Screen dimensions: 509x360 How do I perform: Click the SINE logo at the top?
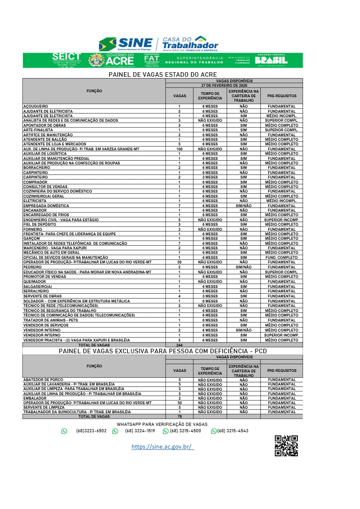click(126, 44)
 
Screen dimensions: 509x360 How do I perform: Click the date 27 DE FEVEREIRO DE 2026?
click(234, 85)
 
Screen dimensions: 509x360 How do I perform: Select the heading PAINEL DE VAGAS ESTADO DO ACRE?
click(163, 74)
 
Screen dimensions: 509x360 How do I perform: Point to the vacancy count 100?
click(179, 149)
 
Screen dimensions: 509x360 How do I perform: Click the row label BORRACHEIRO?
click(38, 168)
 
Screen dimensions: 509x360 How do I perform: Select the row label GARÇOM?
click(32, 239)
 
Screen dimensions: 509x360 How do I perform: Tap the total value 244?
click(179, 345)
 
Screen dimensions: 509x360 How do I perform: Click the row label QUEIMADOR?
click(35, 282)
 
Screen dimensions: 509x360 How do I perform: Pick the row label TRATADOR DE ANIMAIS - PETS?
click(50, 320)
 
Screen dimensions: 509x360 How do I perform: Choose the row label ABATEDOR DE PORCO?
click(43, 380)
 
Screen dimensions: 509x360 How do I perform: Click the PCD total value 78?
click(179, 416)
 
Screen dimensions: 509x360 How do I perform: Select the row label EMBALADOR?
click(35, 398)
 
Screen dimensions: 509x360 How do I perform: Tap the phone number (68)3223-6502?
click(91, 431)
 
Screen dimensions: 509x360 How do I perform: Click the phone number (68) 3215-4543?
click(232, 431)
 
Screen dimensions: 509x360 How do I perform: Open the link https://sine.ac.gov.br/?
click(163, 447)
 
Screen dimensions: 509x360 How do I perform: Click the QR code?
click(286, 445)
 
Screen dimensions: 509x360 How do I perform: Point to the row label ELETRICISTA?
click(35, 201)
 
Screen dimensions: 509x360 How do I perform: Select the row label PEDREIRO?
click(32, 267)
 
